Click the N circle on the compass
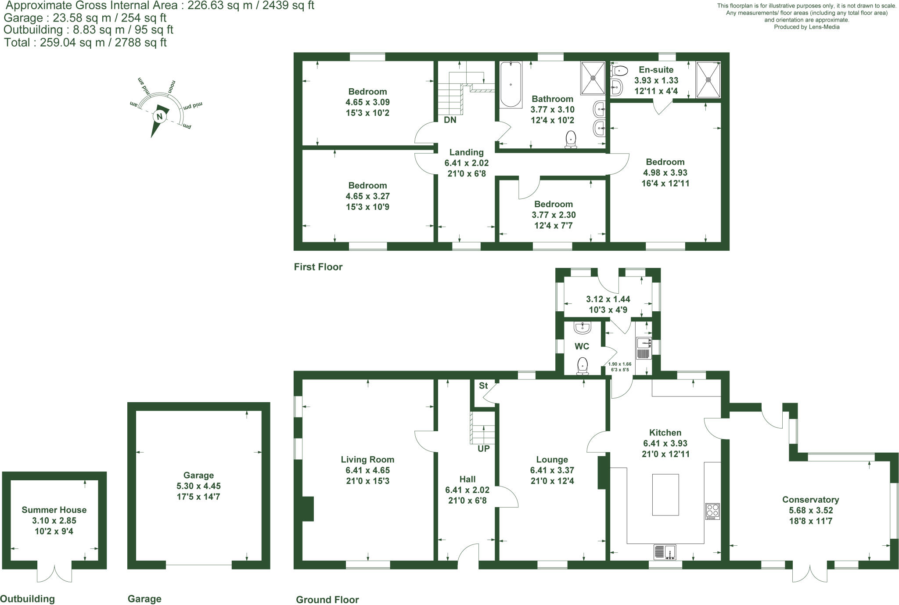pyautogui.click(x=159, y=116)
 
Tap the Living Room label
pyautogui.click(x=367, y=459)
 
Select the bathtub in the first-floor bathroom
pyautogui.click(x=511, y=84)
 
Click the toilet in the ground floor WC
pyautogui.click(x=582, y=366)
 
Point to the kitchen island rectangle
pyautogui.click(x=665, y=494)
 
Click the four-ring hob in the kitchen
pyautogui.click(x=712, y=511)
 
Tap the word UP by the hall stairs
pyautogui.click(x=484, y=449)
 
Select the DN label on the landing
pyautogui.click(x=450, y=120)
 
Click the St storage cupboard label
pyautogui.click(x=483, y=386)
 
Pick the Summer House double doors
pyautogui.click(x=54, y=573)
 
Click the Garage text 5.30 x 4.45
pyautogui.click(x=198, y=486)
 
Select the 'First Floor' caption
pyautogui.click(x=318, y=267)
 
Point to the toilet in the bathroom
pyautogui.click(x=571, y=139)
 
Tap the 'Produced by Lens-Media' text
pyautogui.click(x=806, y=27)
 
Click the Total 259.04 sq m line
pyautogui.click(x=86, y=43)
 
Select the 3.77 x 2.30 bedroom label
pyautogui.click(x=554, y=215)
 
